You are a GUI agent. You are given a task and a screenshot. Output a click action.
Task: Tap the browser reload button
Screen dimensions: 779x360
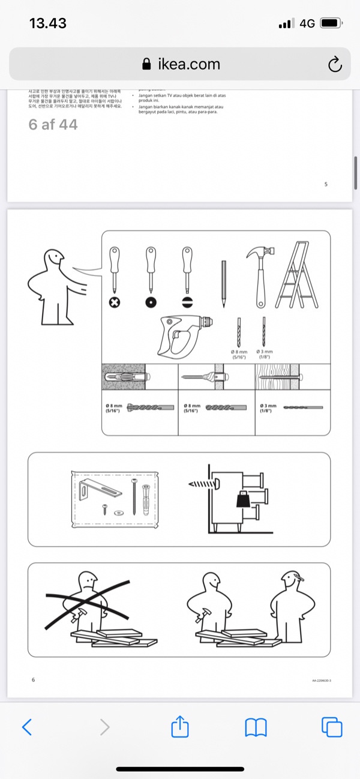pyautogui.click(x=335, y=64)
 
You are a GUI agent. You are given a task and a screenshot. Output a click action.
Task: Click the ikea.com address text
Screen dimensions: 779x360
pyautogui.click(x=188, y=64)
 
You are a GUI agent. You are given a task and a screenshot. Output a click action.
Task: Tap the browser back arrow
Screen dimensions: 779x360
pyautogui.click(x=26, y=727)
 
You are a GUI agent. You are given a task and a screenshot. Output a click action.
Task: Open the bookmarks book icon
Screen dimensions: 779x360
pyautogui.click(x=256, y=727)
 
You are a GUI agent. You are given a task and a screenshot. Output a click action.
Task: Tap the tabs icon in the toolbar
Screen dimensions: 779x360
pyautogui.click(x=332, y=727)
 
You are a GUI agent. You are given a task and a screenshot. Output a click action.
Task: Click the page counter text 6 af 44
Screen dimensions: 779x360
pyautogui.click(x=53, y=125)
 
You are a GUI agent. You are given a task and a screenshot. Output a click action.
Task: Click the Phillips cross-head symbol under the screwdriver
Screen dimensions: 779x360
pyautogui.click(x=114, y=302)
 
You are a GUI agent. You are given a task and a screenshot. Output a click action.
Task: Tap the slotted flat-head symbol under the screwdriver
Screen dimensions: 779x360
pyautogui.click(x=187, y=302)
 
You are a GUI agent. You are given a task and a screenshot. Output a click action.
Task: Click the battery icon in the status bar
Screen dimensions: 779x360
pyautogui.click(x=331, y=23)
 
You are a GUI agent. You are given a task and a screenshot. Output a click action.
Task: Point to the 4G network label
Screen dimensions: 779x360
pyautogui.click(x=307, y=23)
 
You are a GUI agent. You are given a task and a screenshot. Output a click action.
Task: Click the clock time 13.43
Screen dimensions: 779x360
pyautogui.click(x=48, y=23)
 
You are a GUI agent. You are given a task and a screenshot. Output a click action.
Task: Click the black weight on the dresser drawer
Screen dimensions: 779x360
pyautogui.click(x=244, y=499)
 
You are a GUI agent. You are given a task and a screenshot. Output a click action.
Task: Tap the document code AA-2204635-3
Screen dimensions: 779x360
pyautogui.click(x=322, y=681)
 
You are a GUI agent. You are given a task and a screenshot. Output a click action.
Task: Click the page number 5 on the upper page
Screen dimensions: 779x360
pyautogui.click(x=326, y=184)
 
